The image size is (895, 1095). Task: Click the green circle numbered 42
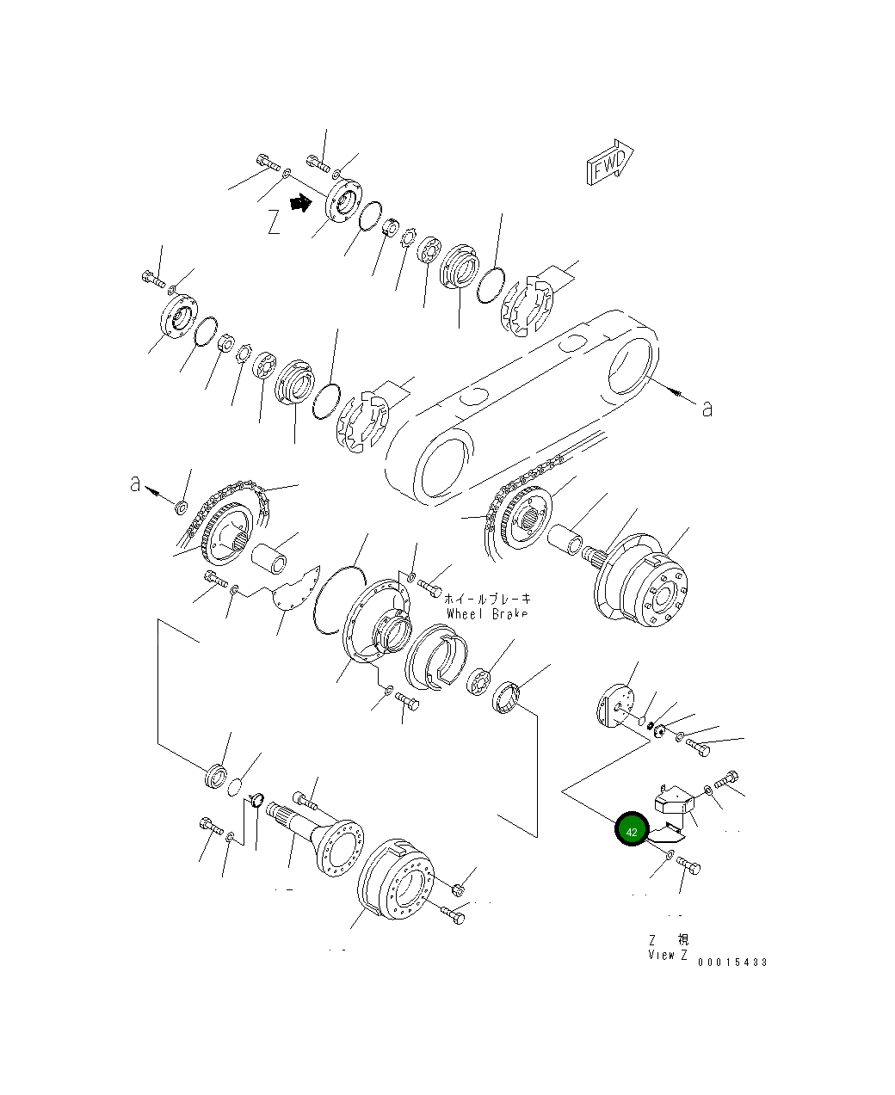[x=632, y=831]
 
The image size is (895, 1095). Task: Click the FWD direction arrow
[x=610, y=162]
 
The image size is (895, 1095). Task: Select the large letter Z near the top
[x=274, y=223]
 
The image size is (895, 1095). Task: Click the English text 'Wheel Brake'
[x=488, y=614]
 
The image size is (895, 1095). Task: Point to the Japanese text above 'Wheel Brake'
[x=488, y=598]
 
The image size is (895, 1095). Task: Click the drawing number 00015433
[x=732, y=962]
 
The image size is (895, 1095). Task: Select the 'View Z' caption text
[x=668, y=956]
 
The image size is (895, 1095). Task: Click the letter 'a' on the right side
[x=707, y=409]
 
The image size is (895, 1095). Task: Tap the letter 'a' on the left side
[x=135, y=484]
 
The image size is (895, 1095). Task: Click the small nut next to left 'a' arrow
[x=182, y=506]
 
